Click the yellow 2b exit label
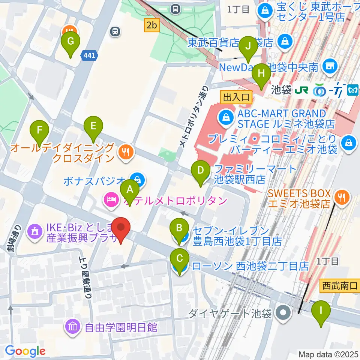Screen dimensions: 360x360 152,25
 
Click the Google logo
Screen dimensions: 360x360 25,351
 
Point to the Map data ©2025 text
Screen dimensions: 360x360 328,354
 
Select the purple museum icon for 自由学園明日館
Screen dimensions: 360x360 72,327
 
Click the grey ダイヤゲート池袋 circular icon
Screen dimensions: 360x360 283,313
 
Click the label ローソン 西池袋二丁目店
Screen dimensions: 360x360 250,266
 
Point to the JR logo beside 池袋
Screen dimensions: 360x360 302,90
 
